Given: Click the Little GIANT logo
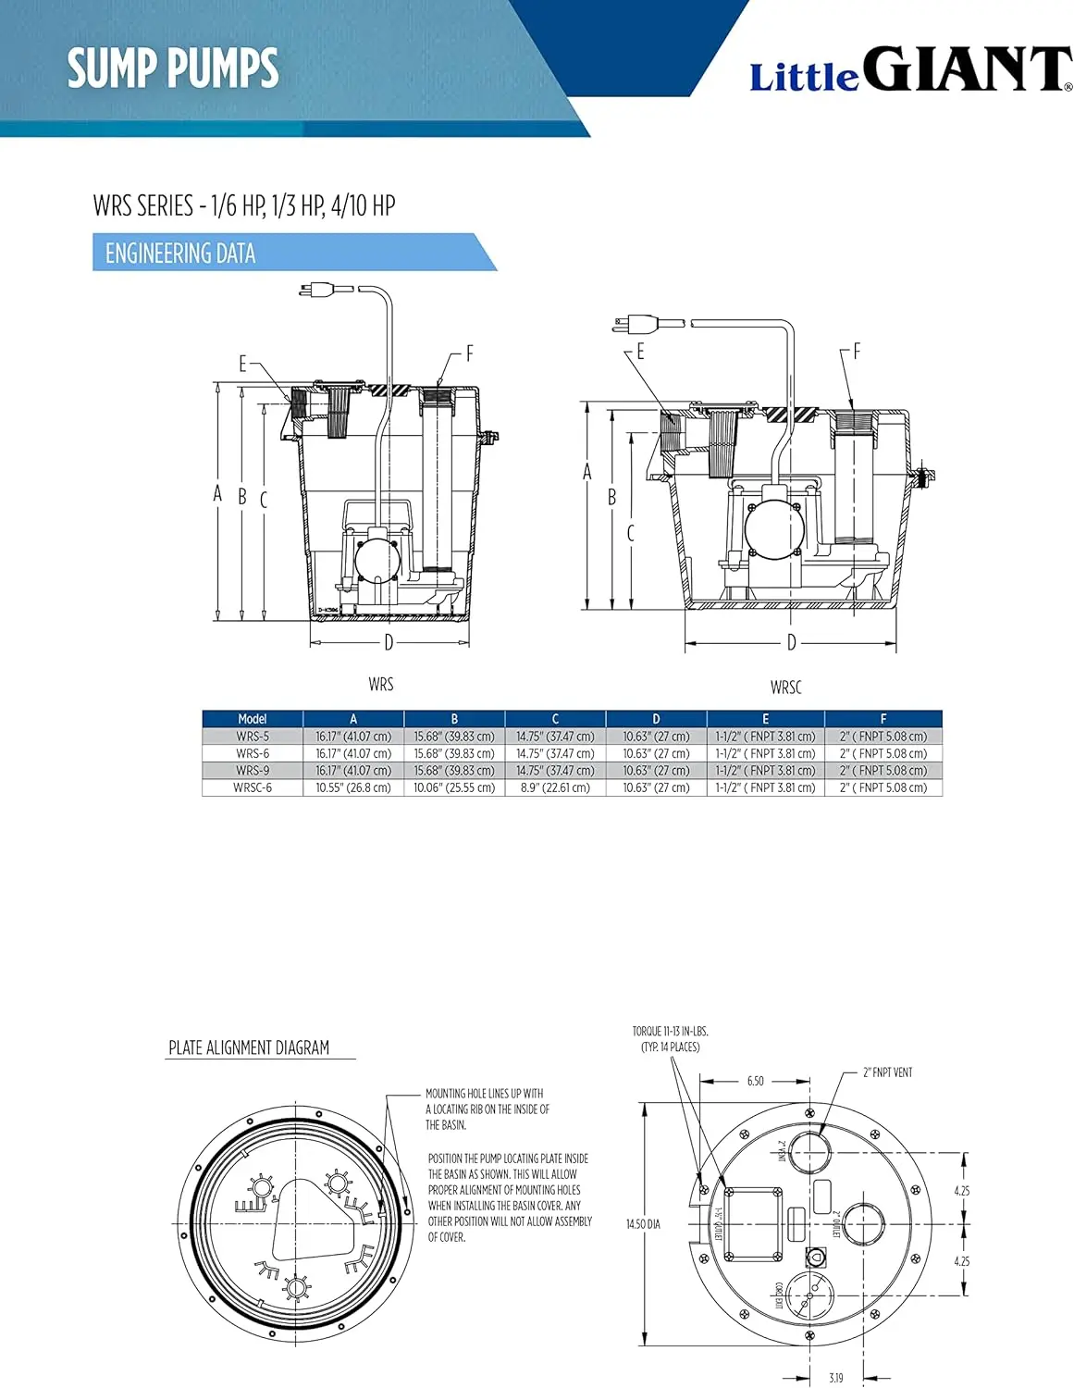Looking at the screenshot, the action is click(x=910, y=70).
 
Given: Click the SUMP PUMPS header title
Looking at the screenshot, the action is click(x=173, y=68).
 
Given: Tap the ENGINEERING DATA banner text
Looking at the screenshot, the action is click(x=180, y=254).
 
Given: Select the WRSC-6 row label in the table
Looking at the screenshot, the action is click(x=253, y=787).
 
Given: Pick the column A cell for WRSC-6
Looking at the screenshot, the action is click(x=353, y=787).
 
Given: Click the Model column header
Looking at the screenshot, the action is click(x=253, y=719).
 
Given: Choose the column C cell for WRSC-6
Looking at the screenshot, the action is click(x=555, y=787).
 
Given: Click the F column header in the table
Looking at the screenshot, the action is click(x=883, y=719).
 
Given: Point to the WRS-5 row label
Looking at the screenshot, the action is click(x=253, y=737).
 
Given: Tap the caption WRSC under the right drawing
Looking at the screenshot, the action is click(x=785, y=688).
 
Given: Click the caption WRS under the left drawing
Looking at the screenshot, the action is click(x=380, y=685).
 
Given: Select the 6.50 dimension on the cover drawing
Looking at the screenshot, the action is click(x=756, y=1081).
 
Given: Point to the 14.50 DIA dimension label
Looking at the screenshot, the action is click(x=643, y=1224).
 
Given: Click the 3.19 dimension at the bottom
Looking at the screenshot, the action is click(x=835, y=1378).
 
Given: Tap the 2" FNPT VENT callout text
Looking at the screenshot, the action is click(x=887, y=1072).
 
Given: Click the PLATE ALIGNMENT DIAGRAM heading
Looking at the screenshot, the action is click(x=249, y=1047).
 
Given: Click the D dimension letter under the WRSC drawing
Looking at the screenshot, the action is click(x=791, y=642).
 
